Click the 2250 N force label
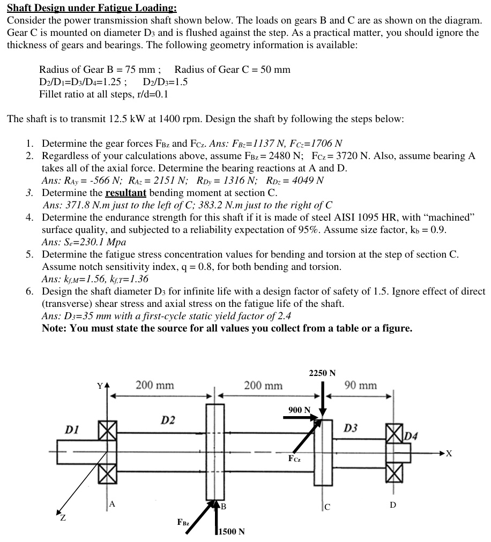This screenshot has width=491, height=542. click(322, 373)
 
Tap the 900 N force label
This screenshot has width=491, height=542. click(299, 410)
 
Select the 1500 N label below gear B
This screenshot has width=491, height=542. click(230, 531)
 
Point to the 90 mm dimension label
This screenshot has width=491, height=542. click(360, 386)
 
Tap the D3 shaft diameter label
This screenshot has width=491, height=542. click(351, 428)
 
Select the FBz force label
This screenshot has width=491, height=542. click(183, 522)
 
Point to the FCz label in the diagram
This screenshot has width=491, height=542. click(294, 459)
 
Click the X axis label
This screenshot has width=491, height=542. click(449, 454)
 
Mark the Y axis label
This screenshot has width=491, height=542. click(99, 386)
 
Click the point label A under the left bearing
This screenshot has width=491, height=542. click(112, 503)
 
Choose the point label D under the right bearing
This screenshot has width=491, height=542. click(393, 505)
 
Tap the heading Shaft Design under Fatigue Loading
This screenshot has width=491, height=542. click(91, 8)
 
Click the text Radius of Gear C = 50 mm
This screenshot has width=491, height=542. click(232, 70)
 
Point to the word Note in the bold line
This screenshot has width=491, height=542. click(54, 328)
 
